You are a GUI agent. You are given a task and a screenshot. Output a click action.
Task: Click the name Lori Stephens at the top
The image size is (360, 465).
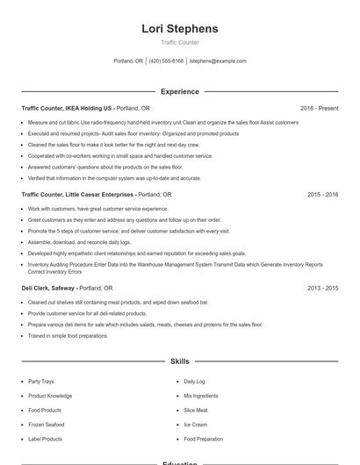click(x=179, y=29)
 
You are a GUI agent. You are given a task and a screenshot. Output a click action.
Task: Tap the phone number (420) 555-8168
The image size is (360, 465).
click(x=166, y=61)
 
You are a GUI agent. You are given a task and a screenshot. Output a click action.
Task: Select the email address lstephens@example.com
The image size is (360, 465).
click(x=218, y=61)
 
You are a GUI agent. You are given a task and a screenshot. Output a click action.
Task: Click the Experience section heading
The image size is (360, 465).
click(x=179, y=91)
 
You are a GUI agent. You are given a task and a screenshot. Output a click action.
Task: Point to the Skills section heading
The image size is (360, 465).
click(x=179, y=361)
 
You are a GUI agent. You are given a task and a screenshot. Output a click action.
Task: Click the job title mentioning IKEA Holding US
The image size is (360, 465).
click(x=68, y=108)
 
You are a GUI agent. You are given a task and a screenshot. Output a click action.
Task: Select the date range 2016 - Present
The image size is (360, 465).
click(x=319, y=108)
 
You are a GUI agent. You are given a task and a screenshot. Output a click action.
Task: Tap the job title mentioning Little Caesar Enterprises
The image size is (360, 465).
click(x=78, y=194)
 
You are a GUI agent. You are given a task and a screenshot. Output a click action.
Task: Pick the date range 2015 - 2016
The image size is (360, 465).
click(x=322, y=194)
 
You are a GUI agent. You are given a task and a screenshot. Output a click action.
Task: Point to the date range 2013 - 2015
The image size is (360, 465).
click(x=322, y=287)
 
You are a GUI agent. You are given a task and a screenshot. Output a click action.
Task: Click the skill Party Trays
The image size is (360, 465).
click(x=40, y=382)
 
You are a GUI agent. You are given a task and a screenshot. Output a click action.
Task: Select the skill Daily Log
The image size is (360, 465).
click(x=194, y=382)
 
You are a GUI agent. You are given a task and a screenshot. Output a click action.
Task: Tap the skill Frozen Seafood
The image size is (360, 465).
click(x=46, y=425)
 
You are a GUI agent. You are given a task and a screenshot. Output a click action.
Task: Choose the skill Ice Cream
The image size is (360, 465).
click(x=195, y=425)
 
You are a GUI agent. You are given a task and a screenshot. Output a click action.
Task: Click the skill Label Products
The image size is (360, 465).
click(x=45, y=439)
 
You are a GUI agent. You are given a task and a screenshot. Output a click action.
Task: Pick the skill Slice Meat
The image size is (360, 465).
click(x=196, y=410)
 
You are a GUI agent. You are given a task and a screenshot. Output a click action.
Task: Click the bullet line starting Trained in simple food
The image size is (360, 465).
click(x=68, y=335)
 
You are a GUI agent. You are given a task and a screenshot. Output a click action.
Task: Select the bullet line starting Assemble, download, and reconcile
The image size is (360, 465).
click(x=79, y=241)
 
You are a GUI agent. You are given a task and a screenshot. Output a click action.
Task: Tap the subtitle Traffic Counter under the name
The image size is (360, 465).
click(x=179, y=42)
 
